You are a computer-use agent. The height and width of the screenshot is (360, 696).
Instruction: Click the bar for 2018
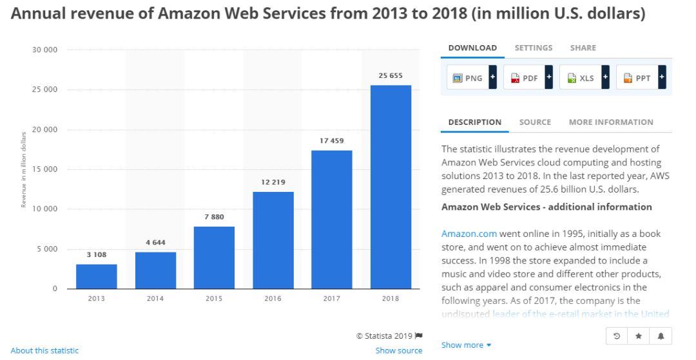pyautogui.click(x=391, y=187)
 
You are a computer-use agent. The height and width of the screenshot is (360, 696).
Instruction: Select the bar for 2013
pyautogui.click(x=97, y=276)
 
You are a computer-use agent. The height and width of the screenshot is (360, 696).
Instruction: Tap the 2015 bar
pyautogui.click(x=214, y=258)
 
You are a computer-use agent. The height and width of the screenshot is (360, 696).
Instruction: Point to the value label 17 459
pyautogui.click(x=332, y=140)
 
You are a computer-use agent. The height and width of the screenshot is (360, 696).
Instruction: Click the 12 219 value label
pyautogui.click(x=273, y=182)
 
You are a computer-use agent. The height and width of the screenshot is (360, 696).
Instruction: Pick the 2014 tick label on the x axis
pyautogui.click(x=155, y=299)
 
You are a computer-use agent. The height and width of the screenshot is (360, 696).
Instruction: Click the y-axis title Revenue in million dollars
pyautogui.click(x=24, y=169)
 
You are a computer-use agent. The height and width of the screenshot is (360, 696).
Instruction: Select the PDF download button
pyautogui.click(x=525, y=77)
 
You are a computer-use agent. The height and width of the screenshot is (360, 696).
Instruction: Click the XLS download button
pyautogui.click(x=581, y=77)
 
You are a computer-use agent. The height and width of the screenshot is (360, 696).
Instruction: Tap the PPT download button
pyautogui.click(x=638, y=77)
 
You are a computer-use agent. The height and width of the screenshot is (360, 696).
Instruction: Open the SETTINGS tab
pyautogui.click(x=534, y=48)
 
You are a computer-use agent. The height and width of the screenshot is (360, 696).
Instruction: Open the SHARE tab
pyautogui.click(x=583, y=48)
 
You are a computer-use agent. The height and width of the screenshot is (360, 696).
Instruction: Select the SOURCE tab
pyautogui.click(x=535, y=122)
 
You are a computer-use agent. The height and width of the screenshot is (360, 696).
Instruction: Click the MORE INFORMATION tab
pyautogui.click(x=610, y=122)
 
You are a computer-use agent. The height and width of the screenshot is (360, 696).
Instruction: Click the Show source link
pyautogui.click(x=399, y=350)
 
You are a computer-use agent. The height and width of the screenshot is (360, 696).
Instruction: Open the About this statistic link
pyautogui.click(x=44, y=350)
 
